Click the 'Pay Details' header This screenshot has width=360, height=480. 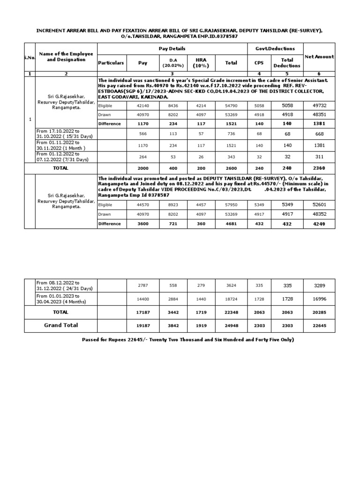[x=172, y=49]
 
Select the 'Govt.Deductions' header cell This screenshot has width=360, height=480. [x=275, y=49]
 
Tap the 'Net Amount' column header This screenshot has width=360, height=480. [x=319, y=57]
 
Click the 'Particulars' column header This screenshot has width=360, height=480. [x=112, y=62]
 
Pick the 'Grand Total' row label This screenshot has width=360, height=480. [x=61, y=325]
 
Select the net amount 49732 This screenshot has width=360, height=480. [x=319, y=106]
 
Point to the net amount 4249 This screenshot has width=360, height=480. [x=319, y=224]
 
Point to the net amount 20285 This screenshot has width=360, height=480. [x=319, y=312]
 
